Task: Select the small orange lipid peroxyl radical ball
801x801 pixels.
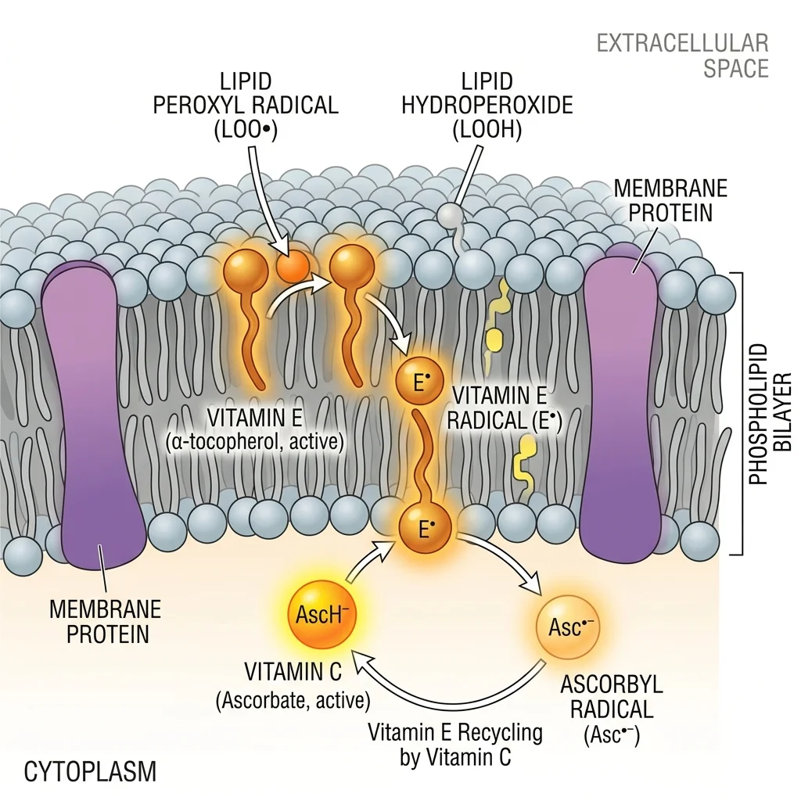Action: [x=292, y=268]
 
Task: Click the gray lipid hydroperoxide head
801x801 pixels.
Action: [x=449, y=215]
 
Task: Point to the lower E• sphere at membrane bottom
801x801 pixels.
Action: [x=426, y=530]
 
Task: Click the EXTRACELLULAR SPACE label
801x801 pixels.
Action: [x=683, y=55]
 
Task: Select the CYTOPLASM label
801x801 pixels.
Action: [x=90, y=772]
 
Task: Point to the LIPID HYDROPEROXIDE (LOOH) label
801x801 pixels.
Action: [x=487, y=106]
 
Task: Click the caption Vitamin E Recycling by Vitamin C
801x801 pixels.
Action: [x=457, y=745]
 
